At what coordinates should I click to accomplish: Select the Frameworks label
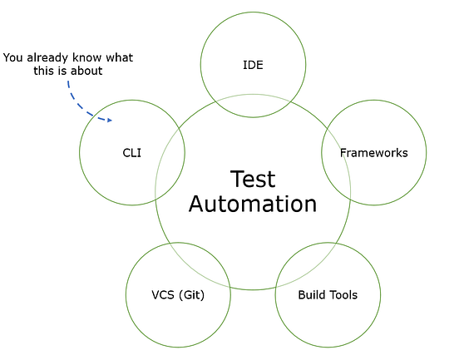(x=373, y=153)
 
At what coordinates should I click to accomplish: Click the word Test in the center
(x=252, y=178)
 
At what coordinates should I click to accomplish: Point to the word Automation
(x=252, y=204)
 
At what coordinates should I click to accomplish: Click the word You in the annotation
(x=14, y=58)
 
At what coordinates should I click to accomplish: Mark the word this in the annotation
(x=50, y=72)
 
